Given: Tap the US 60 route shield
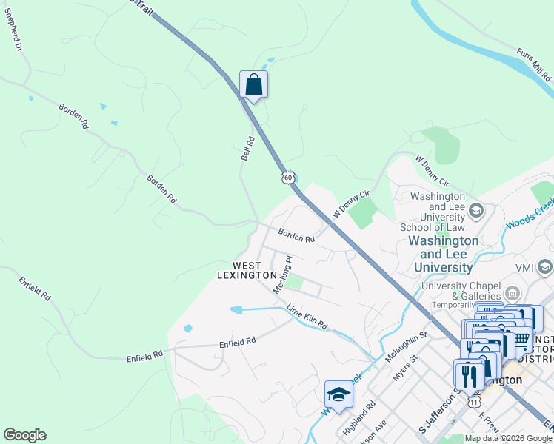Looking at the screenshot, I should click(288, 177).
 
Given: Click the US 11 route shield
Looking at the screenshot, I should click(475, 400).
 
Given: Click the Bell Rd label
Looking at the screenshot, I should click(247, 148).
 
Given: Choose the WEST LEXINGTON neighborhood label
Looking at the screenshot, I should click(246, 270).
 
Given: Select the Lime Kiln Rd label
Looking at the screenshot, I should click(306, 317).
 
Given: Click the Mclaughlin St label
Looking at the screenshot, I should click(407, 346).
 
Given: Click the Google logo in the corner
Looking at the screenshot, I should click(24, 435).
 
